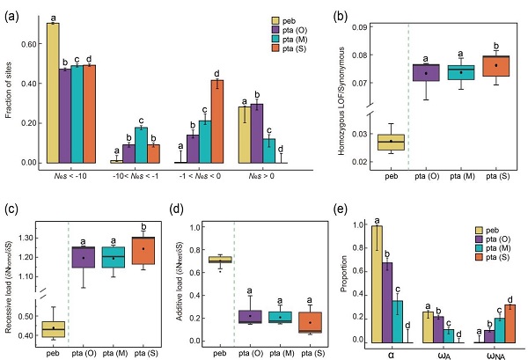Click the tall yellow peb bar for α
(x=377, y=283)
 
